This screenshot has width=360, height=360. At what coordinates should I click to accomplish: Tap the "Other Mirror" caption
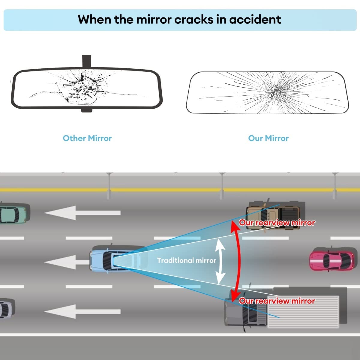click(87, 138)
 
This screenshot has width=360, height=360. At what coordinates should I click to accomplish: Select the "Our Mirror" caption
click(268, 138)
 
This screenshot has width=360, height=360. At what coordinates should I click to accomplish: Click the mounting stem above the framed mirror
click(86, 61)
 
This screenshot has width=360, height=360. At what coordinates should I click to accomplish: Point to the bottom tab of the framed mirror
click(86, 110)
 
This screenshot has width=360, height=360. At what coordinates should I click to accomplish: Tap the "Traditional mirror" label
click(186, 260)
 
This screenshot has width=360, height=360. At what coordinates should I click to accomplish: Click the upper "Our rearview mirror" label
click(277, 223)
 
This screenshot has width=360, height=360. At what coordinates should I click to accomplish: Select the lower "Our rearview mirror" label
click(277, 301)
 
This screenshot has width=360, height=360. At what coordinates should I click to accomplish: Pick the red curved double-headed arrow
click(238, 261)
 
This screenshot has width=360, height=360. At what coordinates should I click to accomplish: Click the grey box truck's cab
click(240, 312)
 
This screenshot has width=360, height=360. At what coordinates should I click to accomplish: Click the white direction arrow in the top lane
click(82, 213)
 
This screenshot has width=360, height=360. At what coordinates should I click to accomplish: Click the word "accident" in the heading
click(255, 19)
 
